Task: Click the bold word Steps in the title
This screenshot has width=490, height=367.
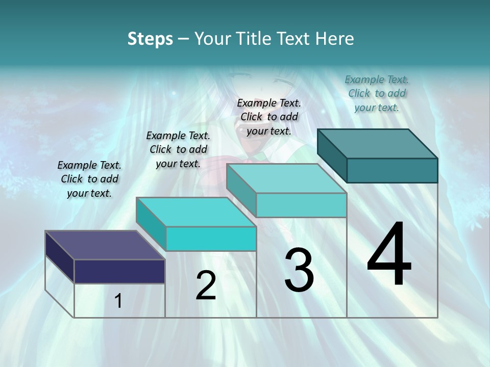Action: (x=150, y=39)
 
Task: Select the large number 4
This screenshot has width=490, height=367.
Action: (x=389, y=255)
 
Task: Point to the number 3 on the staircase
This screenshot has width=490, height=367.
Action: (x=299, y=270)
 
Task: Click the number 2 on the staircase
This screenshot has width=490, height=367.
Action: (x=206, y=285)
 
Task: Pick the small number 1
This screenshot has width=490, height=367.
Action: (x=118, y=301)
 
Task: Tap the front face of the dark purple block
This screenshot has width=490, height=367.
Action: (x=119, y=271)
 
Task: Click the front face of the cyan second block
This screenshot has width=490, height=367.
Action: (x=211, y=239)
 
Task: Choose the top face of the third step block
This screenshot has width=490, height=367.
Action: (x=286, y=178)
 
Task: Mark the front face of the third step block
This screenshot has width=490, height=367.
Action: (x=301, y=205)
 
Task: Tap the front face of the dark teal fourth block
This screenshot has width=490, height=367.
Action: (x=392, y=170)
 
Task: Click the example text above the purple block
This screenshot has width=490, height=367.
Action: (x=89, y=179)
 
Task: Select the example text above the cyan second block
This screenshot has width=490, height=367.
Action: (x=178, y=149)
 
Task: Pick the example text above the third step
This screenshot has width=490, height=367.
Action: (x=269, y=117)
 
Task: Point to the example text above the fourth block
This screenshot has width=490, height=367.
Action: (x=377, y=93)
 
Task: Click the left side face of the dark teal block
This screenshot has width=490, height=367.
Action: (x=332, y=155)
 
